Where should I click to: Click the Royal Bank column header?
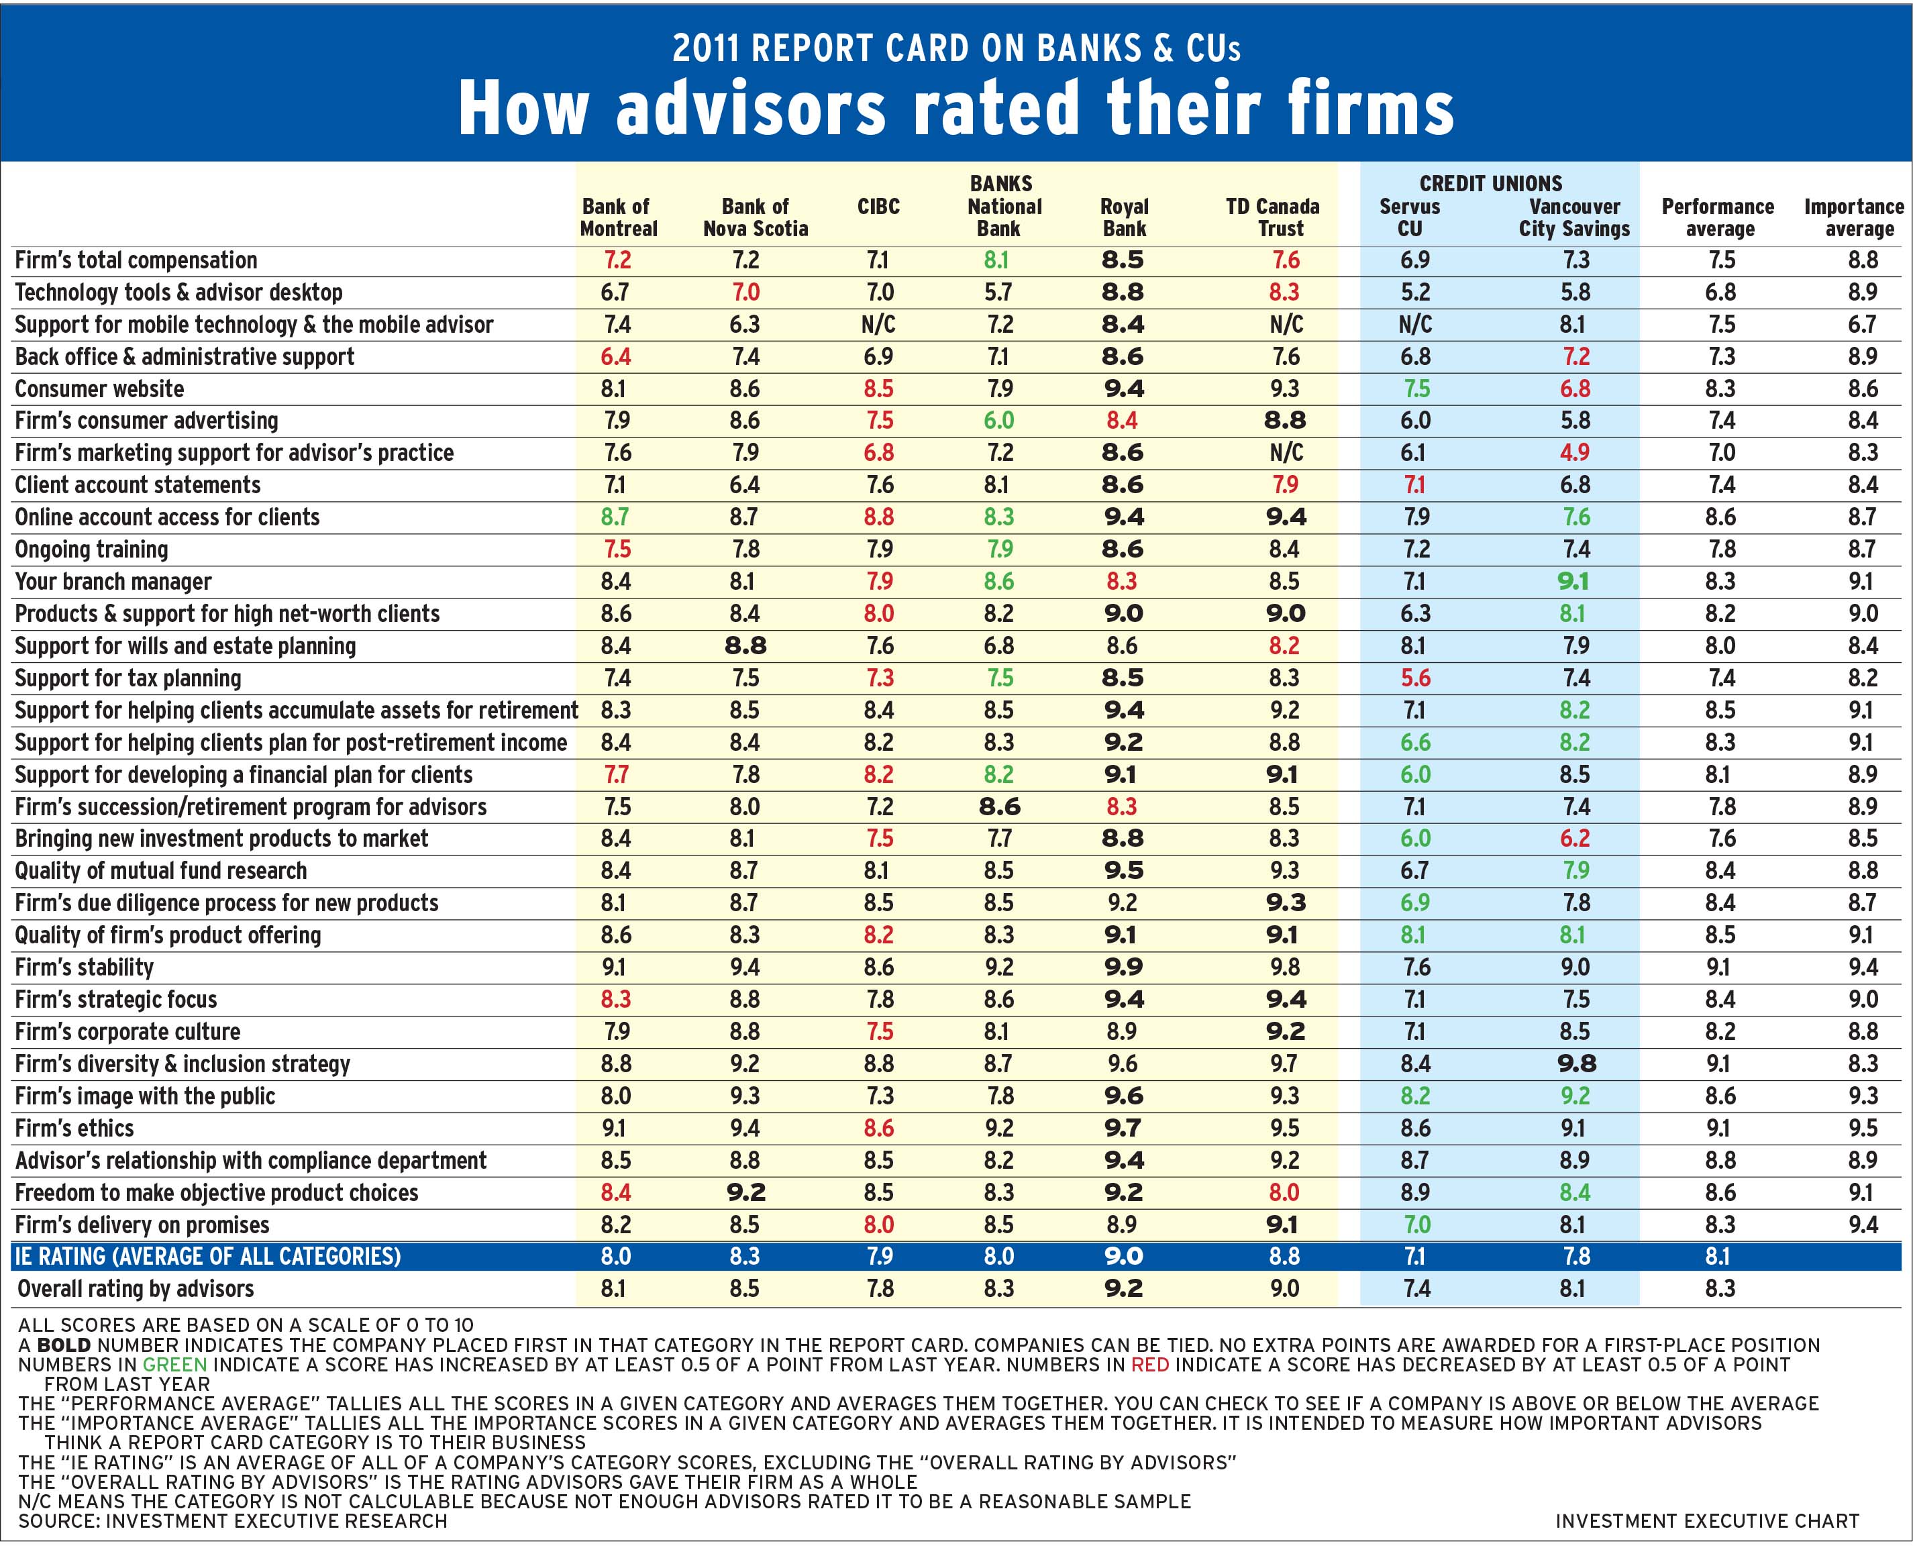(x=1125, y=217)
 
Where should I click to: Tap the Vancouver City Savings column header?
(x=1574, y=217)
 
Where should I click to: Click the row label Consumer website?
(x=99, y=389)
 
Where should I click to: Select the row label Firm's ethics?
(x=74, y=1129)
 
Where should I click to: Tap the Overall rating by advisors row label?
(x=135, y=1289)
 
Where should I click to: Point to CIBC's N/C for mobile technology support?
(x=878, y=324)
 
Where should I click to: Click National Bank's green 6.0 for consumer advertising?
(x=998, y=421)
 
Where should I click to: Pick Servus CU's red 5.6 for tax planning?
(x=1414, y=678)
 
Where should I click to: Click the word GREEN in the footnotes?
(x=175, y=1365)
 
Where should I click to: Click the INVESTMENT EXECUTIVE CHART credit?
(x=1706, y=1521)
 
